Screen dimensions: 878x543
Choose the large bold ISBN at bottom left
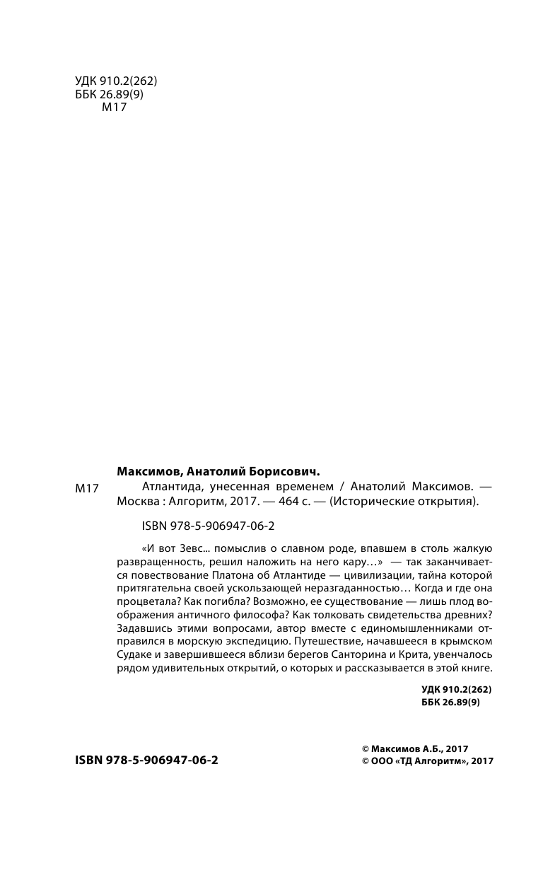(146, 761)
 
